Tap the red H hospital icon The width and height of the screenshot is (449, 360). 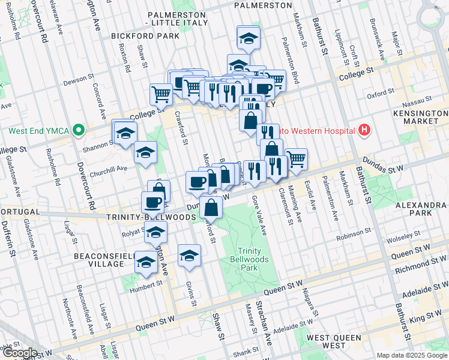(x=363, y=130)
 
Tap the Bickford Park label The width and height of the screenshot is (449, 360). (x=145, y=36)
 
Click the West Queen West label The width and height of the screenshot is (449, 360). (x=334, y=341)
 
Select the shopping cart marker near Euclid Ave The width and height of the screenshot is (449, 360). (x=296, y=159)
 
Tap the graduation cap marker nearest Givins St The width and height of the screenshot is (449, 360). (x=190, y=255)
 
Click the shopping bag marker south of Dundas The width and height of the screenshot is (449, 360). (x=212, y=208)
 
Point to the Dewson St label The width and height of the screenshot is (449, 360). (x=76, y=79)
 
